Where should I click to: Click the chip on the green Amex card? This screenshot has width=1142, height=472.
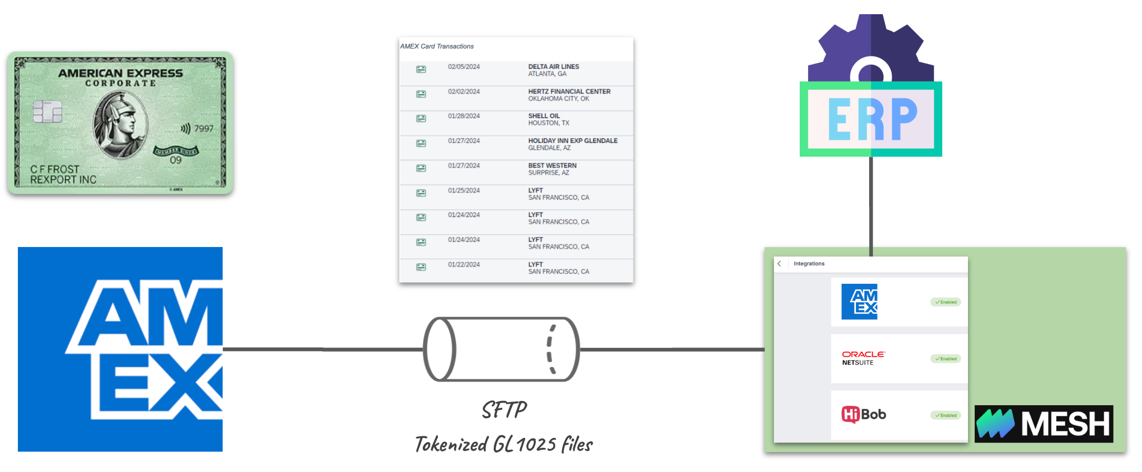[47, 111]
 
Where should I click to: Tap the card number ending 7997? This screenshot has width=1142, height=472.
[203, 129]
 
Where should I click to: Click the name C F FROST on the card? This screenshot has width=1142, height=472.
[55, 169]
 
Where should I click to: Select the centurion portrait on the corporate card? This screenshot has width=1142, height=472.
[120, 124]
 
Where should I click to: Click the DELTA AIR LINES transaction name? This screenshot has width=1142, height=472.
[553, 67]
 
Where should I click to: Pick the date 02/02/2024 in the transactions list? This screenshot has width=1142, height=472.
[464, 91]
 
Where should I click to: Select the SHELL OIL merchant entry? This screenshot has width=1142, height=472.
[544, 116]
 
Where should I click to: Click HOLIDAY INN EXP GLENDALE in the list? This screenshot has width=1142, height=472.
[573, 141]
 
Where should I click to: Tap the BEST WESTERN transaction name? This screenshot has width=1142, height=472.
[552, 166]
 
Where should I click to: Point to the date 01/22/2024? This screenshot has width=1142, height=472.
[464, 264]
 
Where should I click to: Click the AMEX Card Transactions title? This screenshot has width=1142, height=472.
[436, 46]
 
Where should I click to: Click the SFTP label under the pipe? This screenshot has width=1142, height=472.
[504, 411]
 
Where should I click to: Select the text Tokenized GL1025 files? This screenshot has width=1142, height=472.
[504, 445]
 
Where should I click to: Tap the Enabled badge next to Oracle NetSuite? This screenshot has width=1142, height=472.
[946, 359]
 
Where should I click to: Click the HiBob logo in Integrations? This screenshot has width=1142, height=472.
[863, 415]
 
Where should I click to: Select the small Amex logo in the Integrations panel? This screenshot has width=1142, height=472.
[859, 302]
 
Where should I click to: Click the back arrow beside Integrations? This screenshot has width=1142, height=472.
[779, 264]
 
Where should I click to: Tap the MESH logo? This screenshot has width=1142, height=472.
[1044, 424]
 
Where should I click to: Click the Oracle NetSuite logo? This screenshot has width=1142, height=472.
[863, 358]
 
